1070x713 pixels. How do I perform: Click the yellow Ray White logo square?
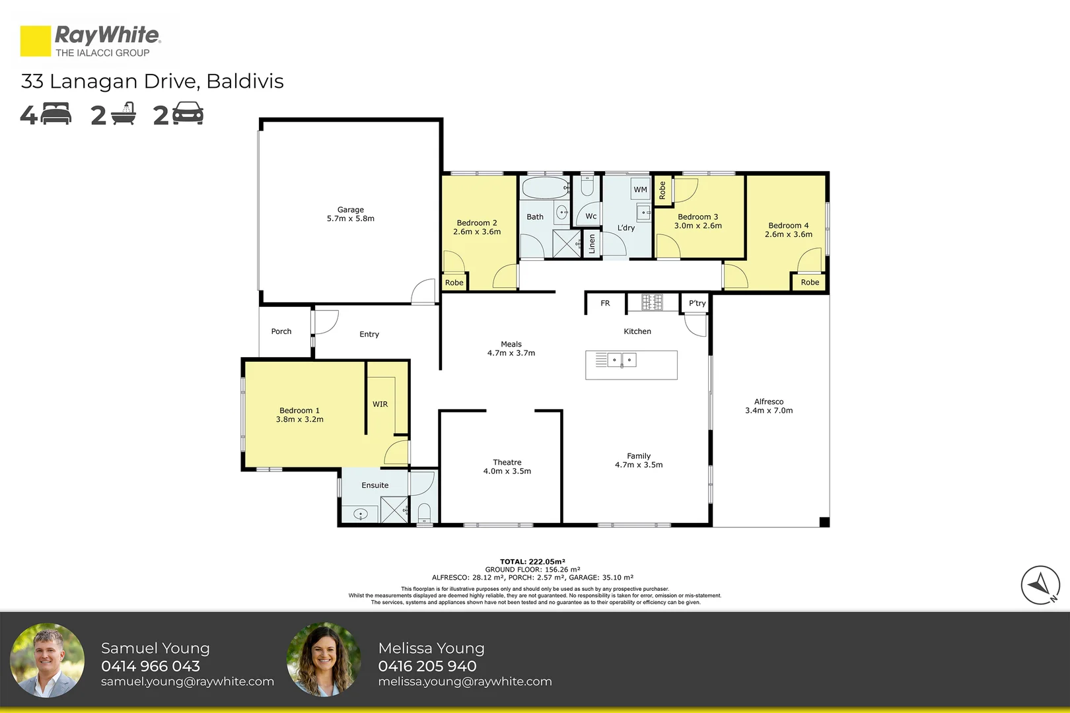pos(35,41)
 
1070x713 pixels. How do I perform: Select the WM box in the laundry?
pos(640,189)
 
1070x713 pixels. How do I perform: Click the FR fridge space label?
pos(605,304)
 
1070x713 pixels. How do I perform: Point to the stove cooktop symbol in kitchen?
pos(652,302)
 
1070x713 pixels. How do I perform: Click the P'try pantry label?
pos(697,304)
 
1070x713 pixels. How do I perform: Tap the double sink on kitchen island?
pos(622,360)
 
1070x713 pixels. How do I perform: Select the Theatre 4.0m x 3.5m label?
pos(507,467)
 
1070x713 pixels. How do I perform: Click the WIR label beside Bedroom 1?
pos(380,405)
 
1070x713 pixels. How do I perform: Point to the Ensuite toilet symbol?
pos(424,512)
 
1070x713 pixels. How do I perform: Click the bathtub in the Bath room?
pos(545,188)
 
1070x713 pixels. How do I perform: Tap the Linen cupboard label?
pos(592,244)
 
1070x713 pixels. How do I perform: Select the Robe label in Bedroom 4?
pos(810,283)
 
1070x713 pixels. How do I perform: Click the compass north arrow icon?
pos(1040,585)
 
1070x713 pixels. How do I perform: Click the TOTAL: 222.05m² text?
pos(532,562)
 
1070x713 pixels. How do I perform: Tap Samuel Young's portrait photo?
pos(48,660)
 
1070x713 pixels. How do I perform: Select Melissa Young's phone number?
pos(427,666)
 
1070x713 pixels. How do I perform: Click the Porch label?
pos(281,331)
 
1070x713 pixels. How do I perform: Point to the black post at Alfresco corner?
pos(824,522)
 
